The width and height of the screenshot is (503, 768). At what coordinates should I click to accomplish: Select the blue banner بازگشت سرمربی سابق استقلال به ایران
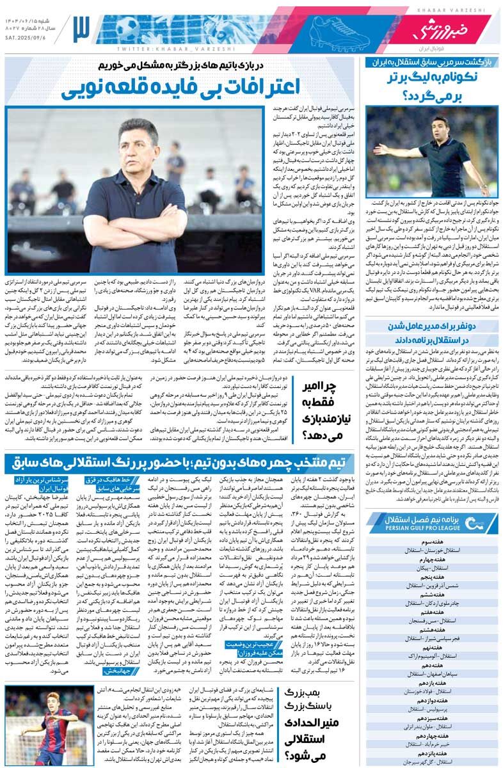pyautogui.click(x=433, y=62)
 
